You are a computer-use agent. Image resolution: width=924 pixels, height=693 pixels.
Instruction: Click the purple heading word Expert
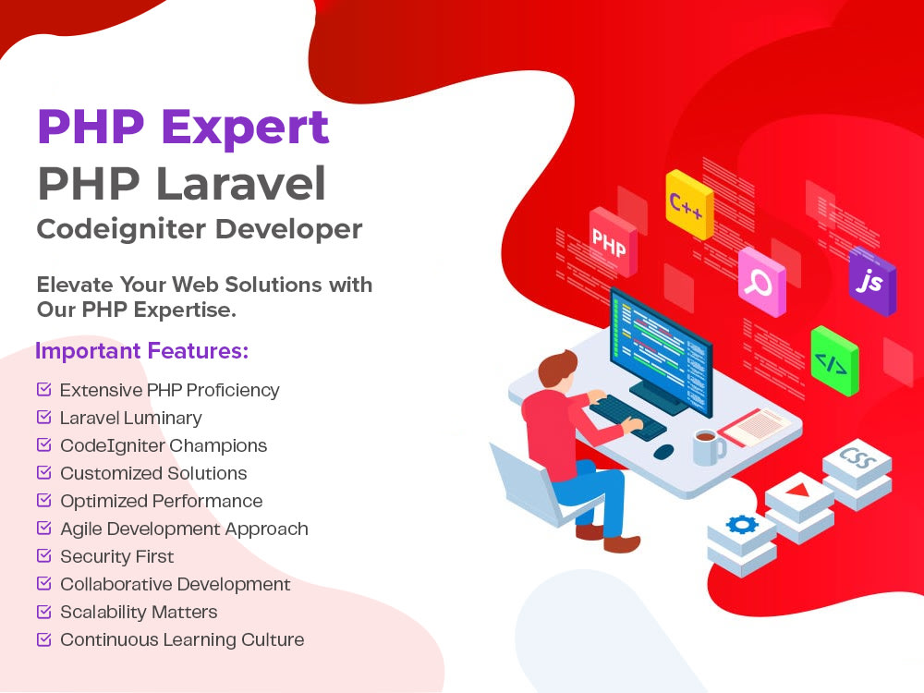244,128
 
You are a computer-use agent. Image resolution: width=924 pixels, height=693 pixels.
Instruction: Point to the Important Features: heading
142,352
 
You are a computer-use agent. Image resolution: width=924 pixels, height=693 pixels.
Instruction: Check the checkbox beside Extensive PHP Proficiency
43,390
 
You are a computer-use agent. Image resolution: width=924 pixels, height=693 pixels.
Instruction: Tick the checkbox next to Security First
43,556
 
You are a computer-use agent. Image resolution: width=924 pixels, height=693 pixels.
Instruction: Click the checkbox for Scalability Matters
43,612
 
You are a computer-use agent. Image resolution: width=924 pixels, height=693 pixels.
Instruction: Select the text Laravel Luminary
130,418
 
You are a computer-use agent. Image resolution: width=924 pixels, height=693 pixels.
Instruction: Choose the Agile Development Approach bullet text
184,529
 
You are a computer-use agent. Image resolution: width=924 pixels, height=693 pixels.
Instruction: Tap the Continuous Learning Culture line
182,639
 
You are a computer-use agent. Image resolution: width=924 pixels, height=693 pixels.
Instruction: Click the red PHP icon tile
612,243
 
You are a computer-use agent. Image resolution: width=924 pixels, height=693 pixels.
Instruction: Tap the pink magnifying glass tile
761,282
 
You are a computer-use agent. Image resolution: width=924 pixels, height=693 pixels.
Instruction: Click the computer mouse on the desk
663,452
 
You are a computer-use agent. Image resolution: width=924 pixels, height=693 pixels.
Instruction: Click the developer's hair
556,368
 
